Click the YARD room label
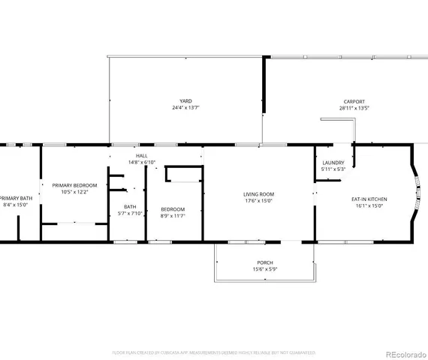tap(185, 101)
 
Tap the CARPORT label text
tap(354, 101)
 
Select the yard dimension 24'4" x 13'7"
tap(185, 108)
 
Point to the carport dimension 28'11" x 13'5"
tap(354, 108)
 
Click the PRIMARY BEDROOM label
tap(74, 184)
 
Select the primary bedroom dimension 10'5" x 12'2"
tap(74, 191)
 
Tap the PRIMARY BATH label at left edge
tap(14, 198)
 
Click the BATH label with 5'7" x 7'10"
tap(131, 206)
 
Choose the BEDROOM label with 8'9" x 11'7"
tap(173, 209)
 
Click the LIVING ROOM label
tap(258, 194)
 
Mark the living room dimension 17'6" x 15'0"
tap(258, 201)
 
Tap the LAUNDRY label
tap(333, 163)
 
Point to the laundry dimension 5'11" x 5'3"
tap(333, 169)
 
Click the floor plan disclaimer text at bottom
tap(214, 352)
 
